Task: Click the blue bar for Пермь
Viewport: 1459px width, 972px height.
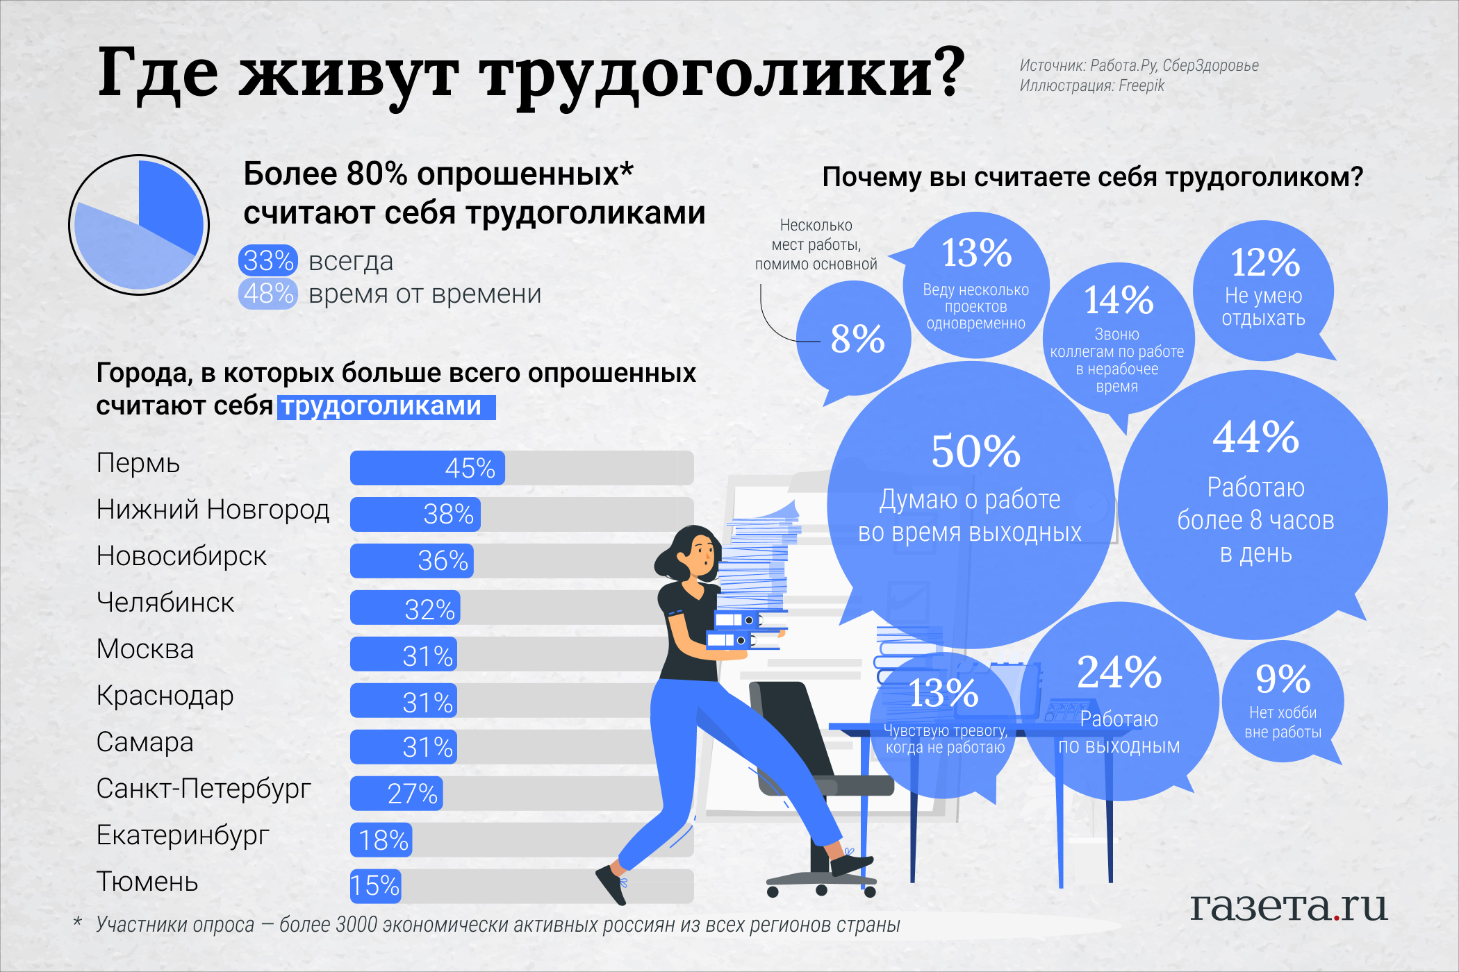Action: [x=427, y=468]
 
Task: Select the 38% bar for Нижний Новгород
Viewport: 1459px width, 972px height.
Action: [x=415, y=514]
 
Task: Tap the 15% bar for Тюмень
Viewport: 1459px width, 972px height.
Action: [x=375, y=886]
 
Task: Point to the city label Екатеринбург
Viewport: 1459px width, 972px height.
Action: [x=183, y=835]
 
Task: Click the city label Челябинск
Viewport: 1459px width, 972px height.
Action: [x=165, y=603]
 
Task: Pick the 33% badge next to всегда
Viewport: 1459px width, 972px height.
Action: [x=268, y=261]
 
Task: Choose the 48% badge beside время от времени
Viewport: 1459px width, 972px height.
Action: [x=268, y=294]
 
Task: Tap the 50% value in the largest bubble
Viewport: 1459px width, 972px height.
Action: [x=975, y=451]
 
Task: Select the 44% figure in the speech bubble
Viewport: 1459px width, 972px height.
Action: [x=1255, y=437]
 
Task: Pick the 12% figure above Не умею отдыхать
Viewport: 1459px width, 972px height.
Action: [x=1264, y=262]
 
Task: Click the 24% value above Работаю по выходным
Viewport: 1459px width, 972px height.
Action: [x=1119, y=672]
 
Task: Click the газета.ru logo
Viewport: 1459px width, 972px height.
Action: [x=1288, y=906]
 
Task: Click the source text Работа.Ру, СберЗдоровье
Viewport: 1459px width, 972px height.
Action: [x=1174, y=65]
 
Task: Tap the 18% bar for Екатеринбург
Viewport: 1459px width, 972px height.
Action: [x=381, y=840]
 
